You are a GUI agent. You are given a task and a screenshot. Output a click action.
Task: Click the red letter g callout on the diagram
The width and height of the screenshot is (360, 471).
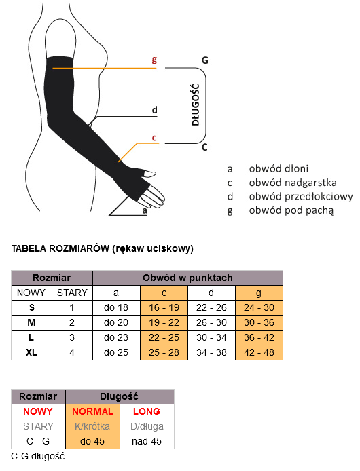(x=154, y=60)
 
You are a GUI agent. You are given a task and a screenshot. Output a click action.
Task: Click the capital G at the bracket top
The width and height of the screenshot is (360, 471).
(x=205, y=60)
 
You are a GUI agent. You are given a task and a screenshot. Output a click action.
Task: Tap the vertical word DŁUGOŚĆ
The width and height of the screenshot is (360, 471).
(x=196, y=105)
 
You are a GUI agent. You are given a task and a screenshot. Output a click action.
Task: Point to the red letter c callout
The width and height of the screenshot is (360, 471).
(x=154, y=138)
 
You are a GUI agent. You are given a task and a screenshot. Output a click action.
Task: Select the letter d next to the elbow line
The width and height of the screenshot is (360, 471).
(x=154, y=110)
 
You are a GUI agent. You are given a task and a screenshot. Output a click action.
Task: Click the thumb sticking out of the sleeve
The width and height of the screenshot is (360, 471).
(x=150, y=173)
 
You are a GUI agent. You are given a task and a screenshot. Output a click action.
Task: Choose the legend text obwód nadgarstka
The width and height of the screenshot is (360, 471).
(x=293, y=183)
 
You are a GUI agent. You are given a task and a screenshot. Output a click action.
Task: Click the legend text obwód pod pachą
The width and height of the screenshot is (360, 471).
(x=291, y=210)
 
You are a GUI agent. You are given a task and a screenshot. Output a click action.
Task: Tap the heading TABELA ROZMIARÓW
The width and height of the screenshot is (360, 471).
(x=60, y=248)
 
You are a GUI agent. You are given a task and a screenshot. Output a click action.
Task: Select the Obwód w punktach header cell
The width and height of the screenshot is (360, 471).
(x=187, y=278)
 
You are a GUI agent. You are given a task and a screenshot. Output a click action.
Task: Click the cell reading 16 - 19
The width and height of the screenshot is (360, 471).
(x=164, y=307)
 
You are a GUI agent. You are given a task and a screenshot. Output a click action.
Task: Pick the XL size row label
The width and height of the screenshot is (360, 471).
(x=31, y=352)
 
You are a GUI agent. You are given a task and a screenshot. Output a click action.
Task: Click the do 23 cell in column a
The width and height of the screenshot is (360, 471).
(x=116, y=337)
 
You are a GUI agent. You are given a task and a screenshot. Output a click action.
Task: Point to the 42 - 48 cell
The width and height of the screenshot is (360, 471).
(x=259, y=352)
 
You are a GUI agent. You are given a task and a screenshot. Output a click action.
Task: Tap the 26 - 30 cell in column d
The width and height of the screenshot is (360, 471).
(x=211, y=322)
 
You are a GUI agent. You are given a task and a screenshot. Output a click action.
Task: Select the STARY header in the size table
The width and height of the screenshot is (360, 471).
(x=72, y=293)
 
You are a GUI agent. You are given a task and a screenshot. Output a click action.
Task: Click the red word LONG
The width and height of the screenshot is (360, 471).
(x=147, y=411)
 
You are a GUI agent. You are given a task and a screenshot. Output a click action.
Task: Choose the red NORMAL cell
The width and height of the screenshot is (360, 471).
(x=92, y=411)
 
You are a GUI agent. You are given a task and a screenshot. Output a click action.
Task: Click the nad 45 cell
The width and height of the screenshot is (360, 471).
(x=147, y=441)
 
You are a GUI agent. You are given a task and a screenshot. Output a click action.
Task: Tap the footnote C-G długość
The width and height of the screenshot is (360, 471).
(x=38, y=456)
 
